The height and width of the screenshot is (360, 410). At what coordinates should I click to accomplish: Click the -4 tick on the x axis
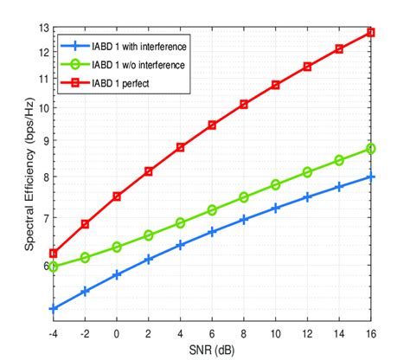coord(54,332)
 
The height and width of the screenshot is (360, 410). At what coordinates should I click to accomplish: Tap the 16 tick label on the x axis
coord(371,332)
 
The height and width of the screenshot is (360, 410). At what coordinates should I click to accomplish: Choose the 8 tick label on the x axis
coord(244,332)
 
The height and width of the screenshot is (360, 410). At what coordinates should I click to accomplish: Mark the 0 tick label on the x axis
coord(117,332)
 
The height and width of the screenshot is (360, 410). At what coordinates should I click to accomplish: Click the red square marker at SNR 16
coord(371,32)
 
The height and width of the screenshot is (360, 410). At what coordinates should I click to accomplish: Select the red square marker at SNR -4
coord(54,254)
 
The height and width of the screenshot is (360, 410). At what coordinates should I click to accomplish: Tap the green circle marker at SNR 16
coord(371,149)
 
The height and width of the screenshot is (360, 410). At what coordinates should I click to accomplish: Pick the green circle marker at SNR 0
coord(117,247)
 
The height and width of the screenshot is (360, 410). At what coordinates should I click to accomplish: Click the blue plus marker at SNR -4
coord(54,308)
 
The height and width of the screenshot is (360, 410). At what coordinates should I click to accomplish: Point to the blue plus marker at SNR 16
coord(371,177)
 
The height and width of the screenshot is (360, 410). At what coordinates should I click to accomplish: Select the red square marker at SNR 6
coord(212,125)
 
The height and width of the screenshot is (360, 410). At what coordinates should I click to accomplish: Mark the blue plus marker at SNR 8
coord(244,220)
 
